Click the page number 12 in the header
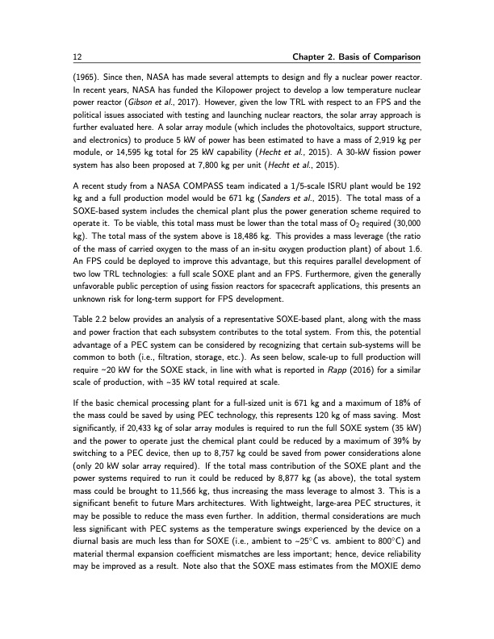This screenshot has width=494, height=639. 65,54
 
